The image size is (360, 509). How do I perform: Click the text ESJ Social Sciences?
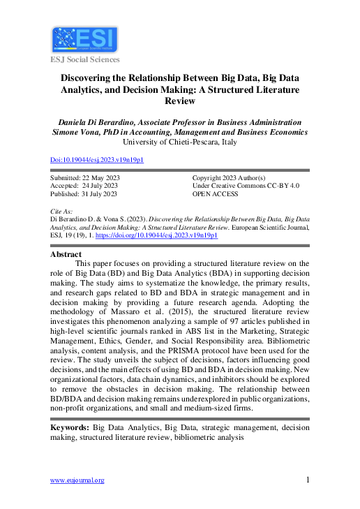[85, 59]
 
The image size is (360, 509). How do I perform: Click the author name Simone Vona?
[75, 132]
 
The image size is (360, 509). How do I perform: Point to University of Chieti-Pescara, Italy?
[179, 142]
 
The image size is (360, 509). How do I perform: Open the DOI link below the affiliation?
[97, 159]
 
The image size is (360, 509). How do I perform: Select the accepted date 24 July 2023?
[100, 186]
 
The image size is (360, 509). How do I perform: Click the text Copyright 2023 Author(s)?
[228, 177]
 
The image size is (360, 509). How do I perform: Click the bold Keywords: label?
[70, 426]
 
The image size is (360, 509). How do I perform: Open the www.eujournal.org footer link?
[77, 480]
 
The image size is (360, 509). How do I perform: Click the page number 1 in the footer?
[307, 479]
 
